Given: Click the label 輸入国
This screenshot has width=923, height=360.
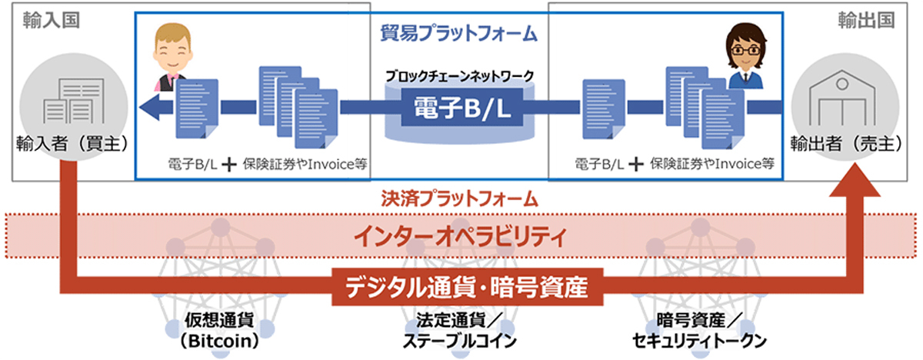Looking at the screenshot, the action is [x=51, y=20].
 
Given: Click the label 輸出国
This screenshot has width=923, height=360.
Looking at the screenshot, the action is [x=866, y=20].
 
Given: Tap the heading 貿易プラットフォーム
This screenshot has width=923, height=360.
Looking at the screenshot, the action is [x=458, y=33].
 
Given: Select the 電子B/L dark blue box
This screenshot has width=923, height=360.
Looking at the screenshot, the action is [x=462, y=108].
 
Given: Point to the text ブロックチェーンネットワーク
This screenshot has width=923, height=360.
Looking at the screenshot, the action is [x=459, y=76].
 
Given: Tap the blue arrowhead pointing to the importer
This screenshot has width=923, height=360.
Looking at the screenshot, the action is [x=151, y=108].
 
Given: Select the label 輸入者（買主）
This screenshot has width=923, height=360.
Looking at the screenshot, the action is [x=72, y=144].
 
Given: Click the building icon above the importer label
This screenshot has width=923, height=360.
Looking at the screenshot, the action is [x=74, y=101].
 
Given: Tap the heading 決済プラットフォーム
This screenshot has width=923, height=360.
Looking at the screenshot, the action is [x=459, y=199].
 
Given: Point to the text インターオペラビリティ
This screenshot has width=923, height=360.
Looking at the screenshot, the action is [x=460, y=236].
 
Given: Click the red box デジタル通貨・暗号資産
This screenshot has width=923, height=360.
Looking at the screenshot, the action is [x=468, y=287].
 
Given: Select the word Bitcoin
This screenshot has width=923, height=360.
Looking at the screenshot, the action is [x=218, y=342].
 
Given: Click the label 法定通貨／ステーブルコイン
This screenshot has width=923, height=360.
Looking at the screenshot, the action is [x=459, y=331].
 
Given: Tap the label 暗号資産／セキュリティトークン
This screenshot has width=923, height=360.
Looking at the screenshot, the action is [x=699, y=331].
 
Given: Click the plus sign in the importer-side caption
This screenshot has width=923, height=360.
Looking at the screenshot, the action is [x=229, y=165].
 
